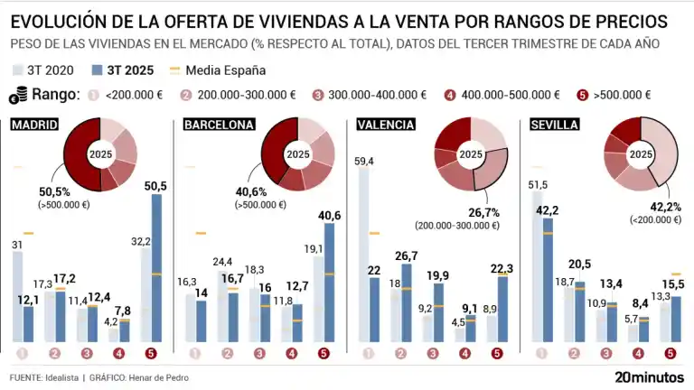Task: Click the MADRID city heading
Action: (34, 125)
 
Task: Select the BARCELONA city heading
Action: (218, 125)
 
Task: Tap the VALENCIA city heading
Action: (386, 125)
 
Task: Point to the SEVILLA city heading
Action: (554, 125)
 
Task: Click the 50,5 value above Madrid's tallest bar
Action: (155, 185)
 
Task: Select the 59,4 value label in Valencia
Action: (365, 161)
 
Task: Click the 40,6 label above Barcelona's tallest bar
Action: (329, 215)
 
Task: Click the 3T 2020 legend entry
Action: (45, 70)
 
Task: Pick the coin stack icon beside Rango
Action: (18, 94)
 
